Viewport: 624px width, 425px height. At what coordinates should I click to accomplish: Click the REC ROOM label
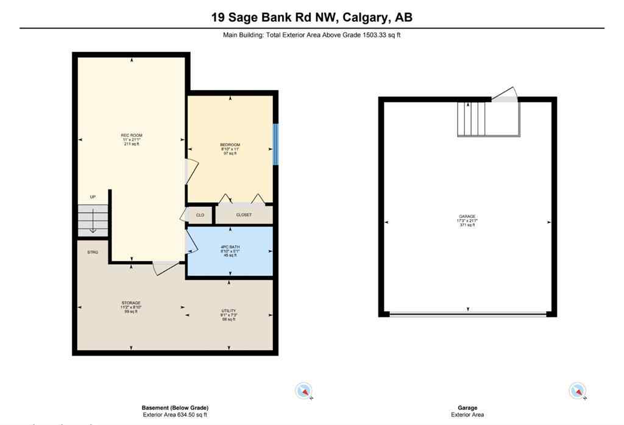pyautogui.click(x=132, y=135)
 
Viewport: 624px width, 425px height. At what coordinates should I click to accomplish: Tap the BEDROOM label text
pyautogui.click(x=230, y=145)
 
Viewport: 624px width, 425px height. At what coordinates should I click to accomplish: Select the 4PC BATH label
pyautogui.click(x=230, y=247)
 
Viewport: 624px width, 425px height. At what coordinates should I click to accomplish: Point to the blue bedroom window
pyautogui.click(x=275, y=144)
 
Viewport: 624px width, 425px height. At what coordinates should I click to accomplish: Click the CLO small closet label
pyautogui.click(x=200, y=215)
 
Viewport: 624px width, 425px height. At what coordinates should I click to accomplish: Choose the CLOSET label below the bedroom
pyautogui.click(x=244, y=215)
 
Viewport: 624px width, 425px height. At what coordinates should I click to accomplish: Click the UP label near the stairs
pyautogui.click(x=93, y=197)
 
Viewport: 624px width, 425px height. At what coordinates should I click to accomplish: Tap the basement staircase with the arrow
pyautogui.click(x=93, y=220)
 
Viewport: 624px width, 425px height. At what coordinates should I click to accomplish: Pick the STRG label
pyautogui.click(x=93, y=252)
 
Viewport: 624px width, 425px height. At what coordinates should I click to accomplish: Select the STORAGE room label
pyautogui.click(x=130, y=303)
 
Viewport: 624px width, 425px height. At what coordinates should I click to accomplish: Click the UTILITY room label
pyautogui.click(x=229, y=311)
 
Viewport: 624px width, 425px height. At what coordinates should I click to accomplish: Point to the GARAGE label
pyautogui.click(x=467, y=216)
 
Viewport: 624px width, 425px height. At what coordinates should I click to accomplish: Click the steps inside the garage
pyautogui.click(x=472, y=119)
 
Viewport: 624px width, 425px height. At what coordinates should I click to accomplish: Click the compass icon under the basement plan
pyautogui.click(x=303, y=390)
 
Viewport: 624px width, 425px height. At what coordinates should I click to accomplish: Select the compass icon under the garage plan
pyautogui.click(x=577, y=390)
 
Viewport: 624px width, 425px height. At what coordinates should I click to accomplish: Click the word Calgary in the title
pyautogui.click(x=361, y=17)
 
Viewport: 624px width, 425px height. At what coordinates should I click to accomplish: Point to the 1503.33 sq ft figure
pyautogui.click(x=382, y=35)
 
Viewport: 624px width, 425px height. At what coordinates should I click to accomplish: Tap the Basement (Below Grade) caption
pyautogui.click(x=175, y=408)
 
